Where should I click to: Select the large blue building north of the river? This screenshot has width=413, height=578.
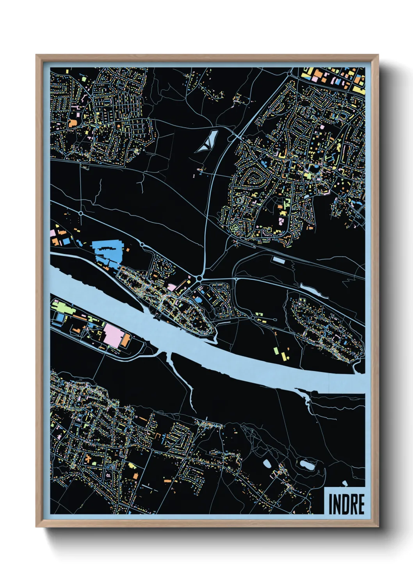coord(107,252)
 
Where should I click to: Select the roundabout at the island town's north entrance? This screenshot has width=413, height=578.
coord(199,278)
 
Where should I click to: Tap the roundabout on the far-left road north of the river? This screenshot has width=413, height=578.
coord(81,214)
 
